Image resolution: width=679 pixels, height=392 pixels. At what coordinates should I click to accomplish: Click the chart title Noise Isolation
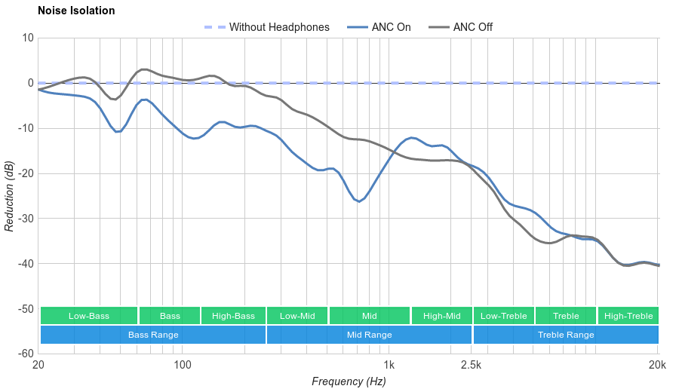tap(76, 11)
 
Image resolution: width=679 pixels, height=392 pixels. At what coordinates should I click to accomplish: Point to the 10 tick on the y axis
tap(28, 38)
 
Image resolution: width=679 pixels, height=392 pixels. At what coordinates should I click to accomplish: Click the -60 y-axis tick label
tap(25, 354)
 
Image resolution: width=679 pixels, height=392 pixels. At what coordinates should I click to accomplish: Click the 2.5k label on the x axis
tap(472, 366)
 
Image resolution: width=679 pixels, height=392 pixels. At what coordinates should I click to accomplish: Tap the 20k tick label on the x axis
tap(657, 366)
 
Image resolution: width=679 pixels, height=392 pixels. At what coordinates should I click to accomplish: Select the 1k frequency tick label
tap(389, 366)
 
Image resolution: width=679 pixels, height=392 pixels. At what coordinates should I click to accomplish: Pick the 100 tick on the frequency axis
tap(183, 366)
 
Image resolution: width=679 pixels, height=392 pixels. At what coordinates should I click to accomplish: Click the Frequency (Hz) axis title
tap(349, 381)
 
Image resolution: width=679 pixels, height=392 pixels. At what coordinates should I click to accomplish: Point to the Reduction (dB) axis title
tap(9, 196)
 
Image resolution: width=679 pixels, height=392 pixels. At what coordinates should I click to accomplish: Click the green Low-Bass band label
tap(89, 316)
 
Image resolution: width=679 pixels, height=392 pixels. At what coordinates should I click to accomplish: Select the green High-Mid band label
tap(441, 316)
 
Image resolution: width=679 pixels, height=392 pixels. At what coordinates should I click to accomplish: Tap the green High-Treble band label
tap(628, 316)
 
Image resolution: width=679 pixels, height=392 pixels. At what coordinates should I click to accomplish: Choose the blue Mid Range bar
tap(370, 335)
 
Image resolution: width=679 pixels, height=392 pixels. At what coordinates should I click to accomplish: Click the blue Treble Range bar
tap(566, 335)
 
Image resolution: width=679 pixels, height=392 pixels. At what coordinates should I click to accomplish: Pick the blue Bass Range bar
tap(153, 335)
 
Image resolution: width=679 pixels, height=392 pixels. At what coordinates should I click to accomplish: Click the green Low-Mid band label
tap(296, 316)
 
